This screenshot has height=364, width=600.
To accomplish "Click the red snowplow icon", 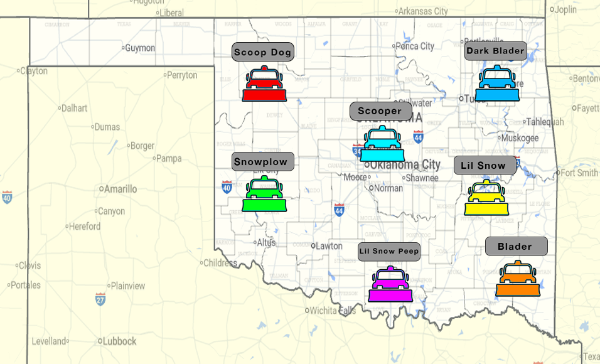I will (x=264, y=84).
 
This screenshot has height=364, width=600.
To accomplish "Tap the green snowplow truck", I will (x=264, y=195).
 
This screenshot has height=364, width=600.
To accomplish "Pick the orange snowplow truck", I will (x=518, y=279).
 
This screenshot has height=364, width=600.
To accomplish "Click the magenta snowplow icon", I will (x=390, y=284).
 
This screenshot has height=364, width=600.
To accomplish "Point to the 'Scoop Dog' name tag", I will (x=263, y=52).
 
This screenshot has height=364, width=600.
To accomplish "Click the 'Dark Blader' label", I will (x=495, y=51).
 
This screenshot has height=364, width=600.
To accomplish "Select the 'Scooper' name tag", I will (x=380, y=111).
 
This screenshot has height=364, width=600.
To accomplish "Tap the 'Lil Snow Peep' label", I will (x=389, y=251).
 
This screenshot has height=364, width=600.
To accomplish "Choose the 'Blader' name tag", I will (x=515, y=247).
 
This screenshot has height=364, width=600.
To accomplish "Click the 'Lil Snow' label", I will (x=484, y=166).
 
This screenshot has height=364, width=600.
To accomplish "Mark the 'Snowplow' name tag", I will (x=261, y=162).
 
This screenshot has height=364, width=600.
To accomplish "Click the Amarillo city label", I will (x=120, y=189).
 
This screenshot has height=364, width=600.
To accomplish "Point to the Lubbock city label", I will (x=119, y=341).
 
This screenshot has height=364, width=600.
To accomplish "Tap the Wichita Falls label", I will (x=333, y=311).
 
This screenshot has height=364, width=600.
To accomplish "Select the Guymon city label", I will (x=139, y=48).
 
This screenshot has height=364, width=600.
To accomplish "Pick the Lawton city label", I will (x=328, y=246).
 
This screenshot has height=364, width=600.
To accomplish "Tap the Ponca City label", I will (x=416, y=46).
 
